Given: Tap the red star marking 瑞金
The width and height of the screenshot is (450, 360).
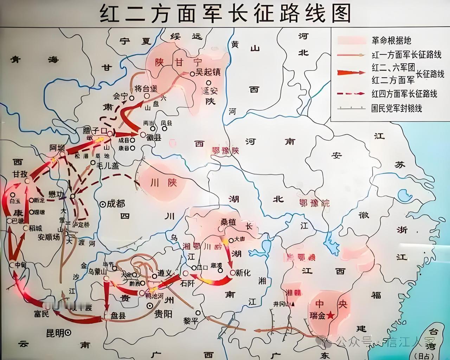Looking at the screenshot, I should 330,315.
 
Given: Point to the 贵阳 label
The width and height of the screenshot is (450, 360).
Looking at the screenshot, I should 163,314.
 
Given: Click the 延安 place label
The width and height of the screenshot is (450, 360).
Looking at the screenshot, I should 210,90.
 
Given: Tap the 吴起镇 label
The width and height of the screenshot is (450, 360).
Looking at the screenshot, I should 207,73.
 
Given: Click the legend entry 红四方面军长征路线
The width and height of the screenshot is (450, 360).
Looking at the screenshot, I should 404,94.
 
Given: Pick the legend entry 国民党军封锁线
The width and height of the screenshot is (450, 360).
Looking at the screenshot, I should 397,108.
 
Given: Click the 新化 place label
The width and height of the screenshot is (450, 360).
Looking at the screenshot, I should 243,272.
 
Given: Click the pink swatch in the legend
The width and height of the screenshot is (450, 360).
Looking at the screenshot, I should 352,40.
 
